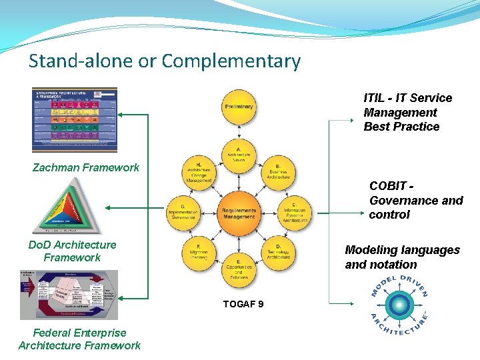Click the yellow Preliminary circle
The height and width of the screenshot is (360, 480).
(239, 107)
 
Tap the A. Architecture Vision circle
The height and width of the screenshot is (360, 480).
(239, 155)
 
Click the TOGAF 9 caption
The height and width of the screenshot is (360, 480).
(243, 304)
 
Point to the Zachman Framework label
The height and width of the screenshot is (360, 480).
(86, 167)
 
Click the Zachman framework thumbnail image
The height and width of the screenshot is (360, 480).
(75, 120)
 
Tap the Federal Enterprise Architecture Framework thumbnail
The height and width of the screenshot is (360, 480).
(69, 295)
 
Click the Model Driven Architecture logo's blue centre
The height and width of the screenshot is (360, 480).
(399, 305)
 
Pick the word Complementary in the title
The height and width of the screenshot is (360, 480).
(231, 61)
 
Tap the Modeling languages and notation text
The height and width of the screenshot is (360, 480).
(402, 257)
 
